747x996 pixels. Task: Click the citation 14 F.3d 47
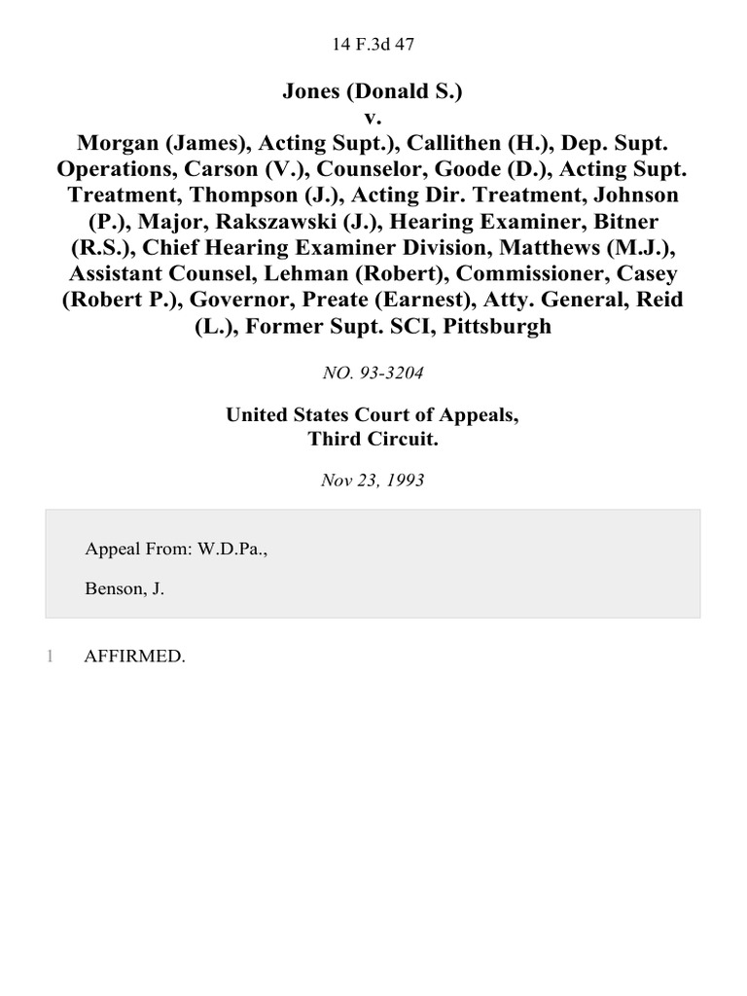coord(373,43)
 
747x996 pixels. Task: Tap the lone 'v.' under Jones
coord(373,117)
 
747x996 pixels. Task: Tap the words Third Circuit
coord(373,438)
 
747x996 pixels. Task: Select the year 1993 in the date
coord(405,480)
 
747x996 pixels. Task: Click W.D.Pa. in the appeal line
coord(231,550)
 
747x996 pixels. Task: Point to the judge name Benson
coord(113,588)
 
